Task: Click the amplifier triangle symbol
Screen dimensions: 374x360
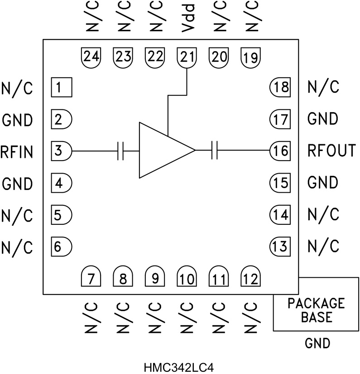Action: click(x=163, y=150)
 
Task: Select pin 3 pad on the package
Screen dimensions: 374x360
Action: click(x=61, y=150)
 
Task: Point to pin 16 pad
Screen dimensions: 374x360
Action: click(x=280, y=150)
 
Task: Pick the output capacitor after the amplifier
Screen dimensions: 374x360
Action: click(x=215, y=150)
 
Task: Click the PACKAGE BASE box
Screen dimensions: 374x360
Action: click(x=317, y=310)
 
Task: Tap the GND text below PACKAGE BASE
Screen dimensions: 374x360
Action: click(x=317, y=344)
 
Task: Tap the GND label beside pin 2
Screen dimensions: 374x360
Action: click(x=17, y=120)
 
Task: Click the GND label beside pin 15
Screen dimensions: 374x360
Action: click(x=322, y=183)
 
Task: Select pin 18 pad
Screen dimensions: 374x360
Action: click(x=280, y=86)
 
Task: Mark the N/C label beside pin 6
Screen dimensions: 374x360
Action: click(x=17, y=247)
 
